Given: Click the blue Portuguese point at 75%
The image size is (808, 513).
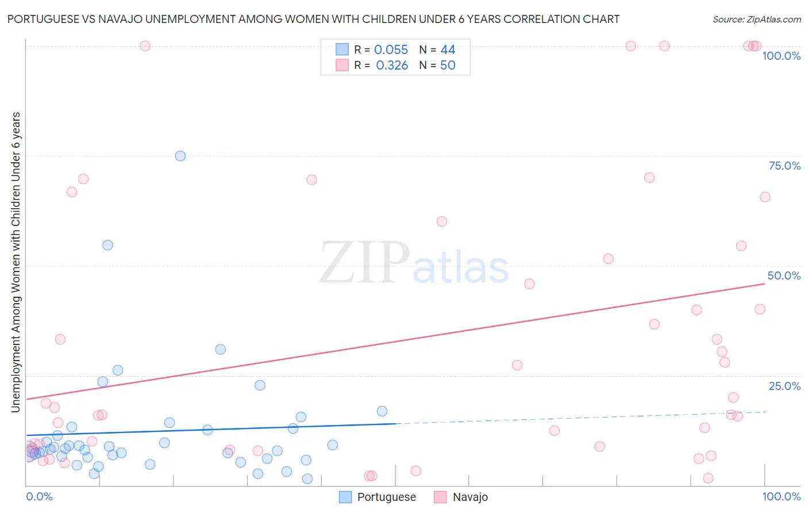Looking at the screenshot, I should pos(180,156).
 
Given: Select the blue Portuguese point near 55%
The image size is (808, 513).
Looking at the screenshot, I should pos(107,245).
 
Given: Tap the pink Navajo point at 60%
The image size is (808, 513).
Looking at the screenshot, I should pos(441,221).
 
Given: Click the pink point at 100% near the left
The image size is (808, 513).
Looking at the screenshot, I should pos(145,46).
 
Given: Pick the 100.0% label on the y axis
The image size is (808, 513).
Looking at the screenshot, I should pos(781,56).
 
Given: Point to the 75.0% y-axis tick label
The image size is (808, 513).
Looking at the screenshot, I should pos(784,166).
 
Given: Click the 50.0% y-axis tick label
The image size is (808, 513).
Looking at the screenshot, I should pos(784,275).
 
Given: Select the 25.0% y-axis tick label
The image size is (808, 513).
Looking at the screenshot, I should pos(784,386).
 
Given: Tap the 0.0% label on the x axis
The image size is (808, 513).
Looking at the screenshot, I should pos(39,496).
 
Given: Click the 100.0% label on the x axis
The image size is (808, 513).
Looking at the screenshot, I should pos(781,496).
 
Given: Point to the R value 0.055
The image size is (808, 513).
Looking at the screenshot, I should pos(391,50).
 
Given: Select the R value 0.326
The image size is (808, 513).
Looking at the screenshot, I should pos(392,66).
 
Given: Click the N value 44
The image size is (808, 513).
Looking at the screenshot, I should pos(448,50).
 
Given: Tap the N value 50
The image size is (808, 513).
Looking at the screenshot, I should pos(448,66).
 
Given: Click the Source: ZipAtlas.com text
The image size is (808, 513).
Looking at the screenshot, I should pos(756,20).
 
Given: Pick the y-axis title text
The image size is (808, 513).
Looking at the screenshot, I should pos(16,262).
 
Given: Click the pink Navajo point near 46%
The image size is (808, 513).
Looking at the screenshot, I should pos(529,284).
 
